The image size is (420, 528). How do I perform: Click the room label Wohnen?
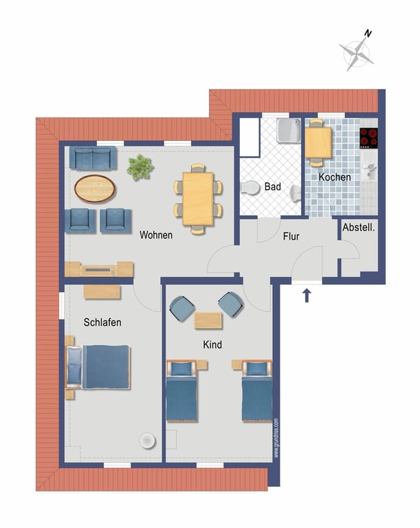click(x=156, y=234)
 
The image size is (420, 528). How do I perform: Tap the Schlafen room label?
click(x=102, y=322)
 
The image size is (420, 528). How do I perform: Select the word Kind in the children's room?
click(x=212, y=344)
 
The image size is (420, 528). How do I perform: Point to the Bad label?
click(x=272, y=186)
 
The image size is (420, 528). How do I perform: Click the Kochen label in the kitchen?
click(x=335, y=177)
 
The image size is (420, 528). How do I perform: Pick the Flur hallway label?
click(x=291, y=236)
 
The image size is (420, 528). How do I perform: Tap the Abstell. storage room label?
click(x=358, y=228)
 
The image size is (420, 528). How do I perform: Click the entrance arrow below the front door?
click(x=307, y=296)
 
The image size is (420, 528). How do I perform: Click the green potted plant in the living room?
click(x=140, y=167)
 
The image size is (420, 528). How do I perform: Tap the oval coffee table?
click(x=95, y=188)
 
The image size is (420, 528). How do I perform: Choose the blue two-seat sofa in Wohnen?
click(x=93, y=157)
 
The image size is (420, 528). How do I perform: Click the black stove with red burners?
click(x=369, y=137)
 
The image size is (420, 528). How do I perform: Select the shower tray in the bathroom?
click(x=289, y=131)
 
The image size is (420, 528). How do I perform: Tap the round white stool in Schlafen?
click(x=148, y=441)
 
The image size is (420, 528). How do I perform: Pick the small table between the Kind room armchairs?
click(x=208, y=320)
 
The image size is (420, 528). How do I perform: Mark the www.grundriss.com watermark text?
click(x=276, y=438)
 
